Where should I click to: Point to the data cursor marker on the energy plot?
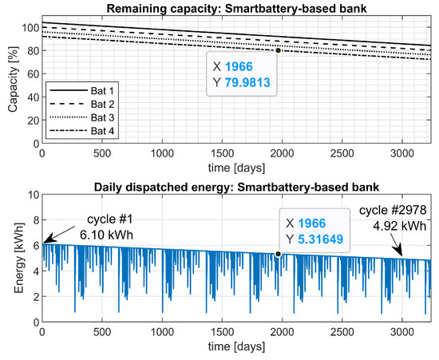[x=278, y=254]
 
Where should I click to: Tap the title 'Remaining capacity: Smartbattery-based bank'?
[x=239, y=7]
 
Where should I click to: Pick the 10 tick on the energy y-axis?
[x=32, y=195]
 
